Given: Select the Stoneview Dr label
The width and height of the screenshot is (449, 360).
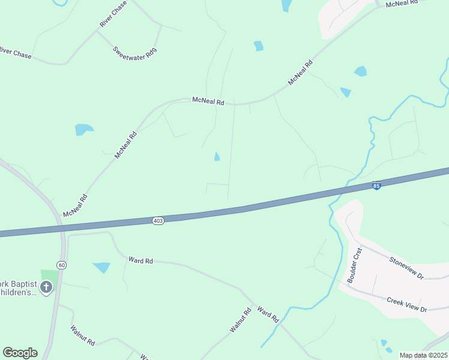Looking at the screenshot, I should [406, 268].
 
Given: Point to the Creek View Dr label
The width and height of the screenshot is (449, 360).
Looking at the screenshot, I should [406, 304].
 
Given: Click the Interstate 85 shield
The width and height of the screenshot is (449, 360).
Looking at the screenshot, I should [376, 186].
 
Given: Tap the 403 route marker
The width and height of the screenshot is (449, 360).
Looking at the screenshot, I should [158, 221].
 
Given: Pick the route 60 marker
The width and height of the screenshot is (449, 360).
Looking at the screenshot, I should [61, 265].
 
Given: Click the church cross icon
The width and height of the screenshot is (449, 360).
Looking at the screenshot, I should [46, 287].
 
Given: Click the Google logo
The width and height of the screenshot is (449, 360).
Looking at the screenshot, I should [20, 353].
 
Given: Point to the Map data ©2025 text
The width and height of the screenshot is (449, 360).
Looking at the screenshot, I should [423, 355].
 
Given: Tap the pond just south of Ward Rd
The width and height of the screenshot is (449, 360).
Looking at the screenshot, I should [101, 267].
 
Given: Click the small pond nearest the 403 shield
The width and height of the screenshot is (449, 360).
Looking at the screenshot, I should [217, 157].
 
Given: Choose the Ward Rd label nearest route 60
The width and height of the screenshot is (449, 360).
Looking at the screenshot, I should [140, 260].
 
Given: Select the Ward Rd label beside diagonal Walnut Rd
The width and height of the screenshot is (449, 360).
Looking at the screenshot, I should [268, 313].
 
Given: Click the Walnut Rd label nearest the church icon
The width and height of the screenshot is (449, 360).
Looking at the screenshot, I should [82, 335].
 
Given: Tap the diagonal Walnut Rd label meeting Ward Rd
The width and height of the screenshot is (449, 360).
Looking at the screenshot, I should [240, 321].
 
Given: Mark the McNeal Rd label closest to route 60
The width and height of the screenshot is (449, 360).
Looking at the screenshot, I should [75, 205].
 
